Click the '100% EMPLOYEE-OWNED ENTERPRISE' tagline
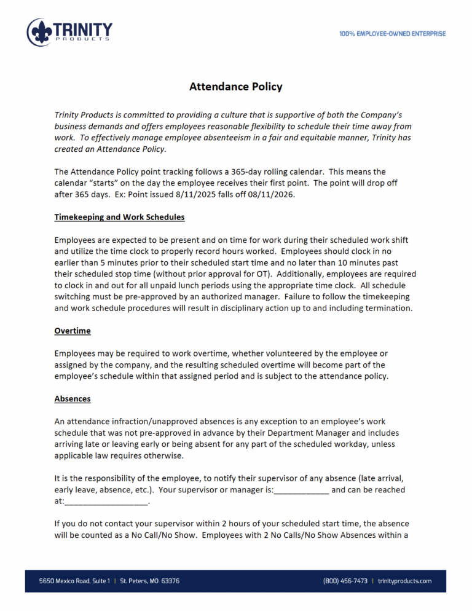click(x=392, y=34)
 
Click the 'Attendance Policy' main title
click(x=235, y=87)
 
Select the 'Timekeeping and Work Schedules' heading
click(x=119, y=217)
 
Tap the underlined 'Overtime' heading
click(x=73, y=331)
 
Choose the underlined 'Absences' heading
click(x=73, y=398)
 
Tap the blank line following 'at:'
click(x=106, y=502)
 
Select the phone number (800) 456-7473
click(x=345, y=581)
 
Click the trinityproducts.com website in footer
click(x=405, y=581)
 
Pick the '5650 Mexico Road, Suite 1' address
click(x=74, y=581)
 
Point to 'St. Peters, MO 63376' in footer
click(x=150, y=581)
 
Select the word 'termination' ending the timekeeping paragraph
click(x=388, y=308)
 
